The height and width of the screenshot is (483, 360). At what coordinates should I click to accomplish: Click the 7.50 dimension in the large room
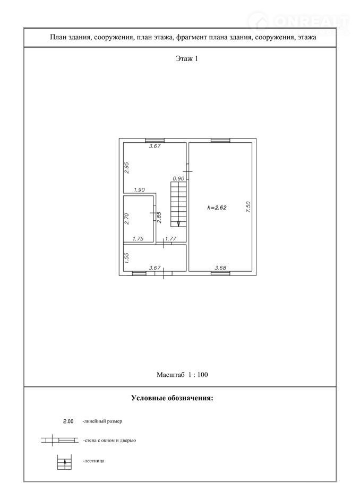click(248, 206)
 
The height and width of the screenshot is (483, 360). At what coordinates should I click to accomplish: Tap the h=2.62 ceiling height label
click(217, 208)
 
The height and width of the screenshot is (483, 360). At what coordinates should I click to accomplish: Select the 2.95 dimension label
click(127, 168)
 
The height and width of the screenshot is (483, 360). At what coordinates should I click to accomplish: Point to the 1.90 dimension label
click(139, 190)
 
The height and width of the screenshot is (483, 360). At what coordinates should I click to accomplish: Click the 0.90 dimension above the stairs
click(178, 178)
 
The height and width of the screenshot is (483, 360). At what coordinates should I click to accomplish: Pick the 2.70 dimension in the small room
click(126, 218)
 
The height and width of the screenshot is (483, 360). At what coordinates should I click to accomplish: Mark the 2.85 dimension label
click(159, 217)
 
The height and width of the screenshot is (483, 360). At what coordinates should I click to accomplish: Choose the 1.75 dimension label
click(138, 238)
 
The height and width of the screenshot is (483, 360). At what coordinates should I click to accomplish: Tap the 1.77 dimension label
click(171, 238)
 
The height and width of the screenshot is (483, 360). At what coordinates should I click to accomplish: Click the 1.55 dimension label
click(126, 258)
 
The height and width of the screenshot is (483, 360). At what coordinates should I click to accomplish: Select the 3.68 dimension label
click(220, 268)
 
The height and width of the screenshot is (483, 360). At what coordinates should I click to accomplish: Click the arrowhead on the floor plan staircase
click(179, 223)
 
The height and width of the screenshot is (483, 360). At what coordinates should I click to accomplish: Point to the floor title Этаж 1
click(187, 58)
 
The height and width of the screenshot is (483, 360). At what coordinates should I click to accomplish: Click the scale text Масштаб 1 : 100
click(182, 375)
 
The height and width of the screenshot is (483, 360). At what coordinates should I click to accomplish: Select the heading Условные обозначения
click(172, 398)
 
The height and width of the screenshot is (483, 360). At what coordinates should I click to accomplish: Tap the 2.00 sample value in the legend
click(68, 421)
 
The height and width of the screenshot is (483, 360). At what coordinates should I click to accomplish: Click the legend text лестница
click(93, 461)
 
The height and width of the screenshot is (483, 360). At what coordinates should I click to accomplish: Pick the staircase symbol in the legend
click(64, 461)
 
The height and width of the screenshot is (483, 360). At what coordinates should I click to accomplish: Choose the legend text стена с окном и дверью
click(109, 441)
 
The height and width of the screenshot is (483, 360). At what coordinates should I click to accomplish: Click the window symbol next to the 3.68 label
click(220, 273)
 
